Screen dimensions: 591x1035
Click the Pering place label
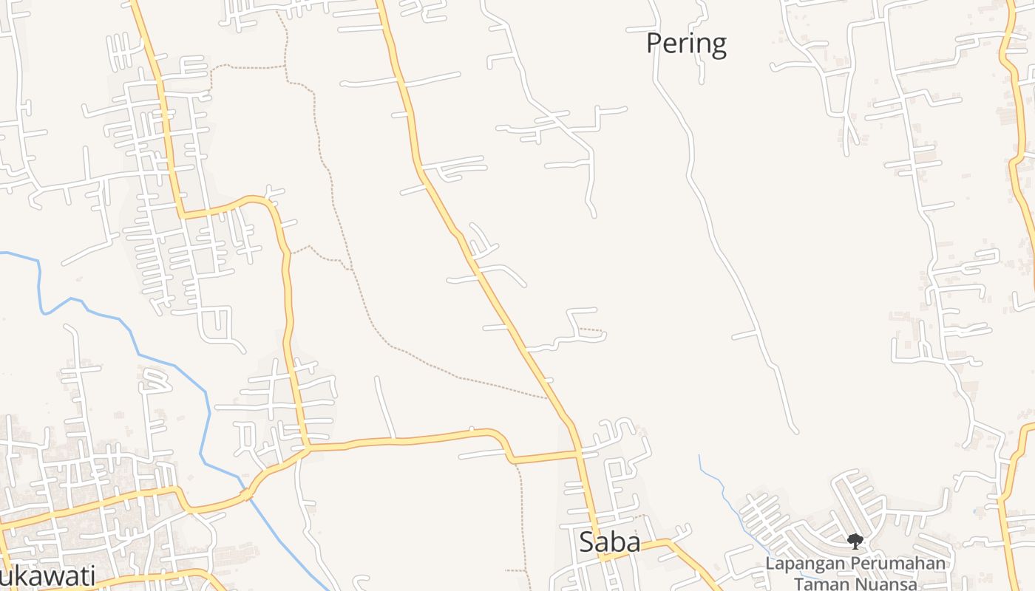686,44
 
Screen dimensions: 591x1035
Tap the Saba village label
609,542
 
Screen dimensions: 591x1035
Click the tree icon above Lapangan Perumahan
855,542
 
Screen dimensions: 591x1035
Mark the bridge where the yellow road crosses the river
248,493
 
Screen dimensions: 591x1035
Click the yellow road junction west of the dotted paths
305,446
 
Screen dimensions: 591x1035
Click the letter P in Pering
654,44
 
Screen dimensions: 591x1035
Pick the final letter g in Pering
718,46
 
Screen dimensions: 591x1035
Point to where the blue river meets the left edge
2,253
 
